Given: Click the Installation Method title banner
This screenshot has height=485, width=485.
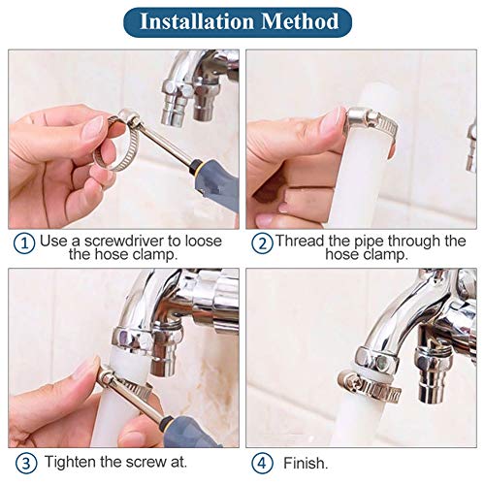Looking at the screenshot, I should coord(242,20).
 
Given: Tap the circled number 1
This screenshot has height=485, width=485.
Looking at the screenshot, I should coord(23,242).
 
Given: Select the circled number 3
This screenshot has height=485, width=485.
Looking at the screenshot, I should coord(23,462).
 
